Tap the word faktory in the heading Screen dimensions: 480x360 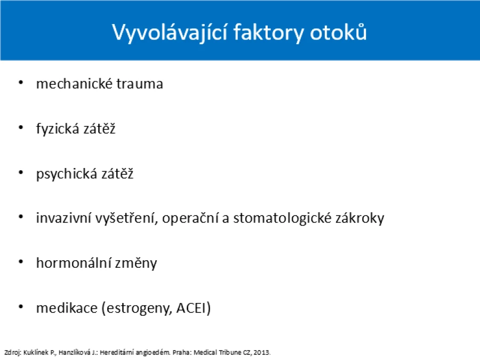point(268,32)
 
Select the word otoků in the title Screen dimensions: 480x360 point(338,31)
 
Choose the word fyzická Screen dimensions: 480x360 point(58,129)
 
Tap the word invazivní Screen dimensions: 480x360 point(63,218)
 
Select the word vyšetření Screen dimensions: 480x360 point(126,219)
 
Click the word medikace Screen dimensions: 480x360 point(67,308)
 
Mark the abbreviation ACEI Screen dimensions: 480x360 point(191,308)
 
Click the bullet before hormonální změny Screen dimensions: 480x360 point(21,262)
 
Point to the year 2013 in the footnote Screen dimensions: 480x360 point(261,353)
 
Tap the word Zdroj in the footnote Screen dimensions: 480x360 point(12,353)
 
